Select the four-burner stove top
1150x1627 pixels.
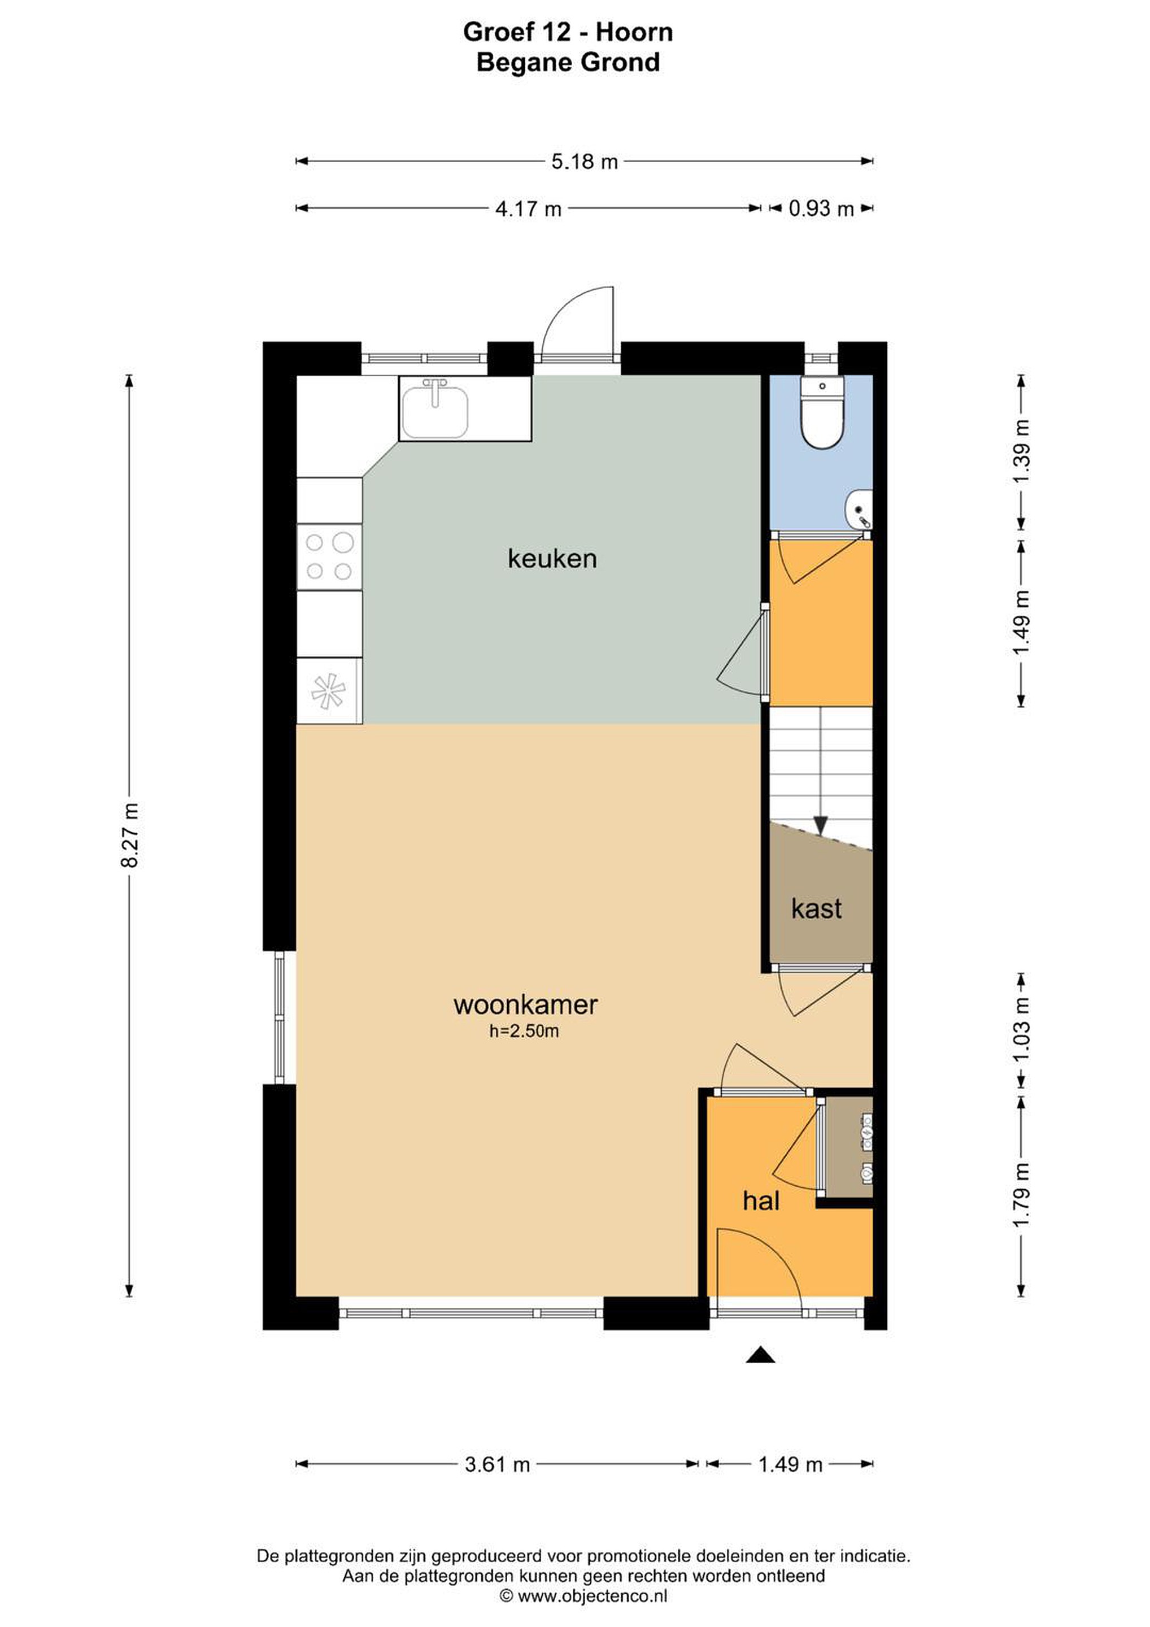[x=329, y=556]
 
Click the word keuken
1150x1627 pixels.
[x=552, y=558]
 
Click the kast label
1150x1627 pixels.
[x=816, y=908]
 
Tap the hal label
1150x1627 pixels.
[x=761, y=1200]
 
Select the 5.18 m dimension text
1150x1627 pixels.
[x=585, y=162]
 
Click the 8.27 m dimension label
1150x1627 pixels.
[x=130, y=836]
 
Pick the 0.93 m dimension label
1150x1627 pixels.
[x=821, y=208]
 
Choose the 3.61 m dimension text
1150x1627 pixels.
[x=498, y=1464]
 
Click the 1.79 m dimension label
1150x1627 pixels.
[x=1021, y=1196]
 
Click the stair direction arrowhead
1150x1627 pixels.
[x=821, y=825]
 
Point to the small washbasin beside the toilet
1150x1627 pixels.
[x=859, y=509]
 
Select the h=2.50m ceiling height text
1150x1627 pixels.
[x=524, y=1031]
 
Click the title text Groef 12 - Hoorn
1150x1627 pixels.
[x=568, y=32]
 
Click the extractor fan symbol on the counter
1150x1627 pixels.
[x=328, y=691]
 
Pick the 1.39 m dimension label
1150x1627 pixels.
[x=1021, y=451]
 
